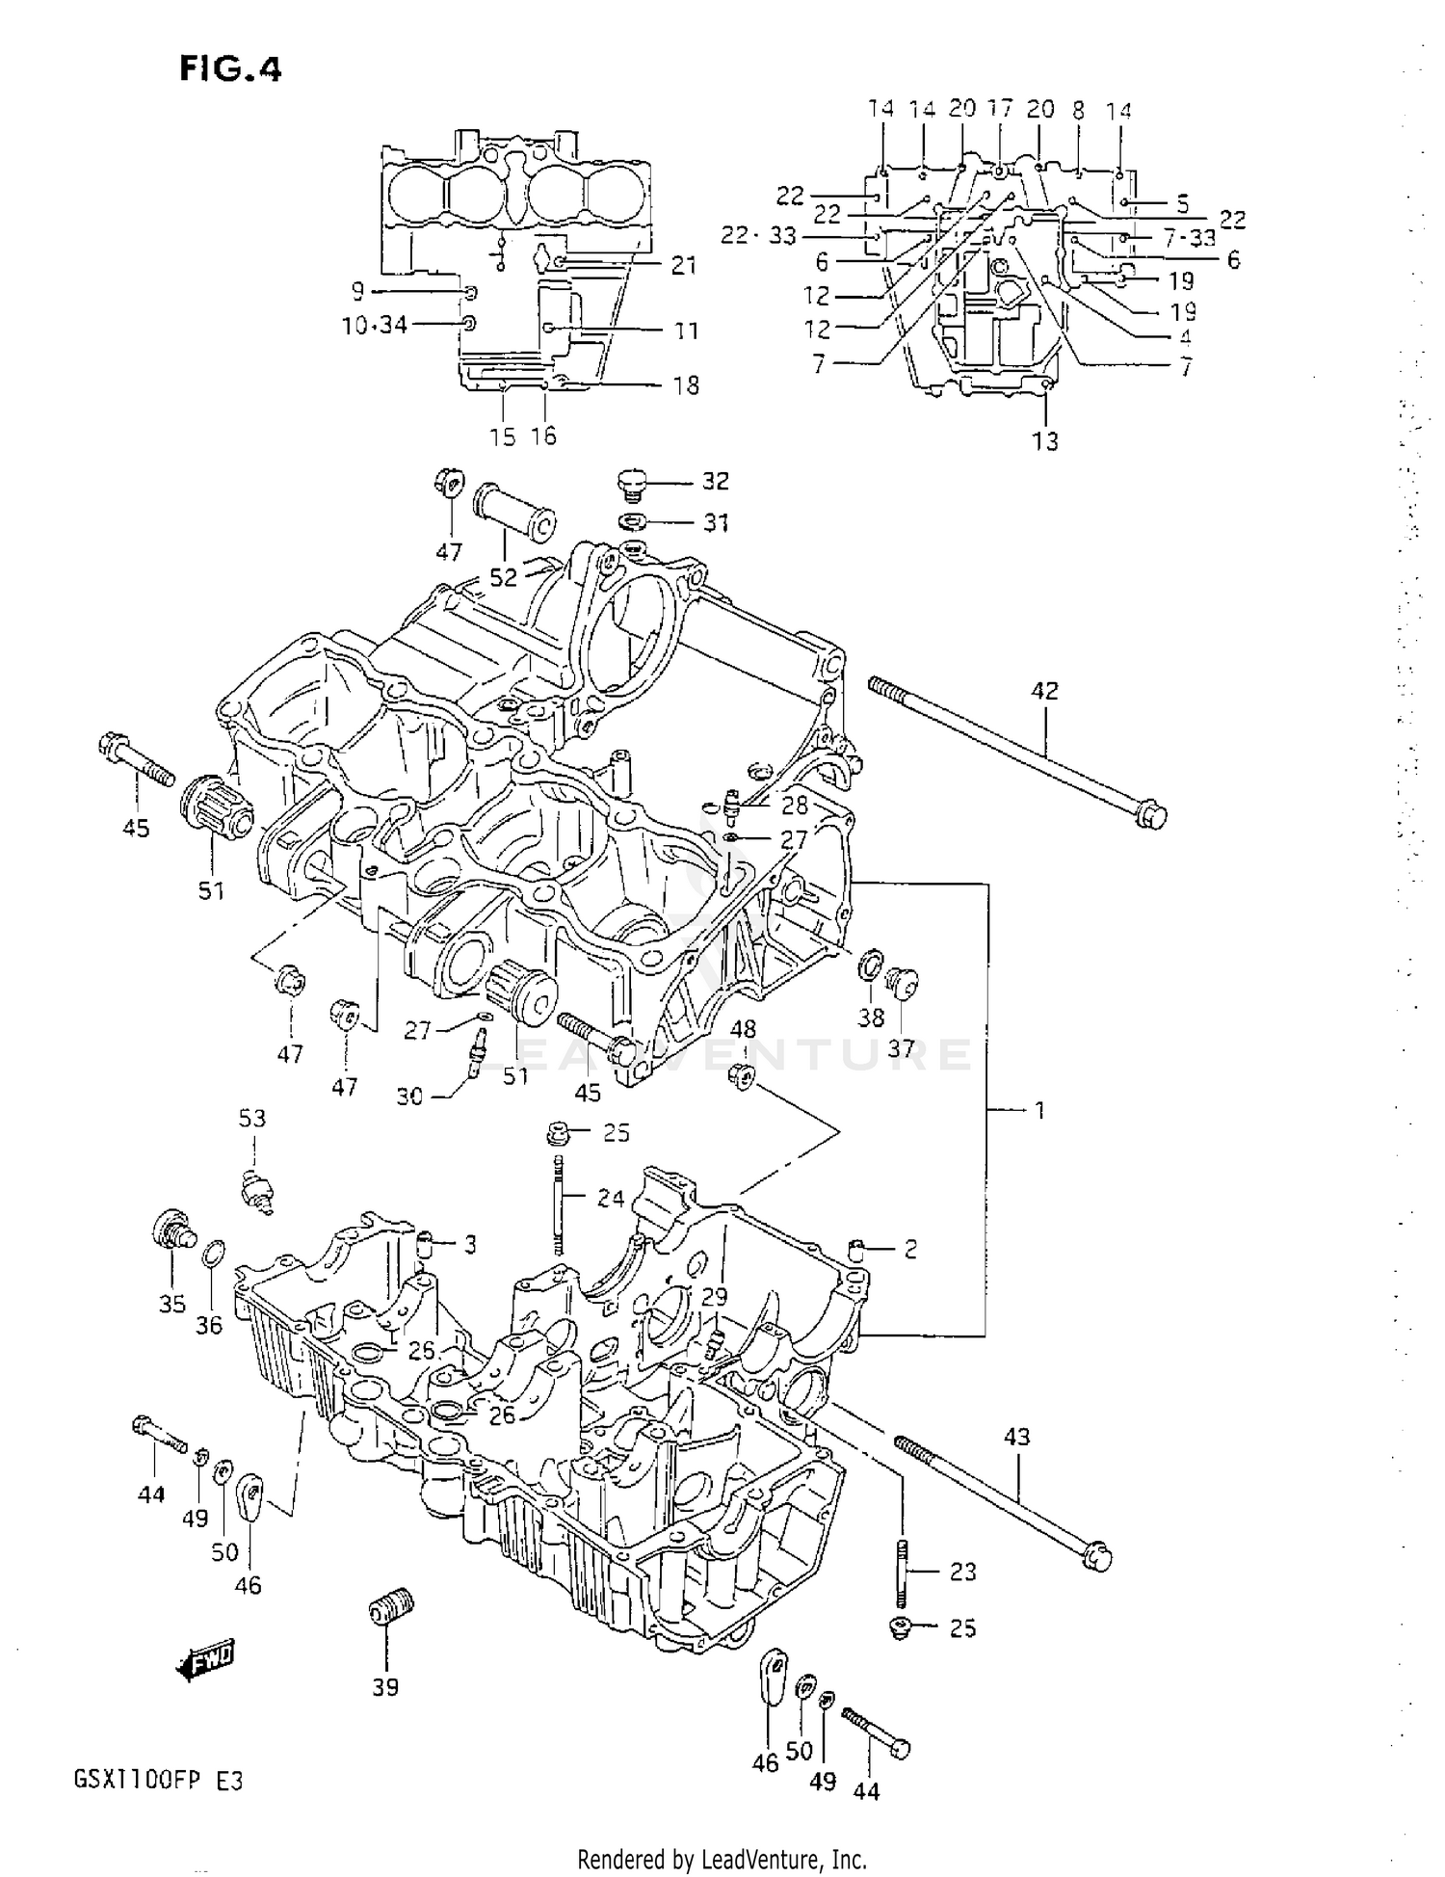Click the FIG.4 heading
tap(229, 69)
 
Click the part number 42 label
tap(1044, 690)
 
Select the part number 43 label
tap(1017, 1437)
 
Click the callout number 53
tap(252, 1118)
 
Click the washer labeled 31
tap(633, 523)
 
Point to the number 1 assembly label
tap(1038, 1110)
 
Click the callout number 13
tap(1045, 441)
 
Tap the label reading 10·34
tap(375, 325)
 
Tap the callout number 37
tap(901, 1047)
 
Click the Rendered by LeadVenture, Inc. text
tap(722, 1860)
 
